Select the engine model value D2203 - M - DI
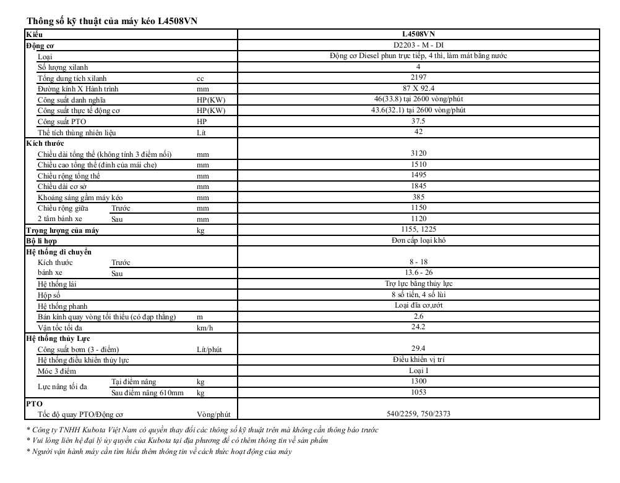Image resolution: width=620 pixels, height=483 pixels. point(418,45)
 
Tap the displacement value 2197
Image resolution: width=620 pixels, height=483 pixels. point(418,78)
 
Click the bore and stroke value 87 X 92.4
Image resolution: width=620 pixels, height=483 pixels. point(418,88)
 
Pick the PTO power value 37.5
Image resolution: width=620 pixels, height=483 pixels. point(418,122)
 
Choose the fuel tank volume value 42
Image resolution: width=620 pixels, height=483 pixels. point(418,132)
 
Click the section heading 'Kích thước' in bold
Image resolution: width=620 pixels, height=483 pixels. point(45,143)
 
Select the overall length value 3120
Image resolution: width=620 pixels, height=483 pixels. point(418,154)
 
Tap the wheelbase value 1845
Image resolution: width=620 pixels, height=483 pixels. point(418,187)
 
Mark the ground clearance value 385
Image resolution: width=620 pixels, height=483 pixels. point(418,197)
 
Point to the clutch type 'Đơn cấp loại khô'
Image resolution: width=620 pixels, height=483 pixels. point(418,241)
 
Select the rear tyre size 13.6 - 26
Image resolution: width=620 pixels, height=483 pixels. point(418,273)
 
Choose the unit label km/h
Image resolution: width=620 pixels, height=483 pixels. point(205,328)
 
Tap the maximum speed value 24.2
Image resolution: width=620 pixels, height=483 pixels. point(418,327)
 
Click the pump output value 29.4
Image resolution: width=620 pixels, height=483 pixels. point(418,349)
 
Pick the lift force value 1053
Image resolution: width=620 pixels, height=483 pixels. point(418,393)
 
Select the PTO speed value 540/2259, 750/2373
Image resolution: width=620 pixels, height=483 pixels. point(418,414)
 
